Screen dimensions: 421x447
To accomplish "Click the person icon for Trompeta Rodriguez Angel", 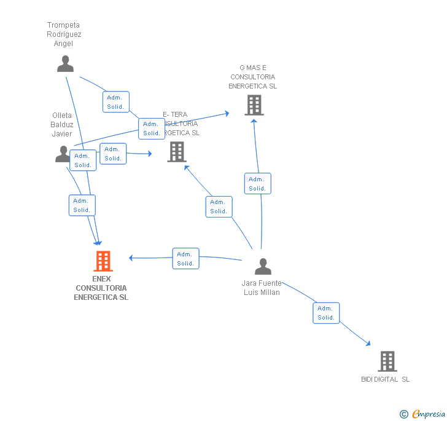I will click(x=65, y=63).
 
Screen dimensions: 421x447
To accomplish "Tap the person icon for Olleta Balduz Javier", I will click(x=63, y=154).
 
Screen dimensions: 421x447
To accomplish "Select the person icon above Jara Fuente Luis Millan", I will click(x=263, y=266).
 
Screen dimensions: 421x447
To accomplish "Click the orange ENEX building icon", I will click(x=103, y=261).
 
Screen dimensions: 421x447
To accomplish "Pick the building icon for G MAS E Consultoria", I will click(x=254, y=105).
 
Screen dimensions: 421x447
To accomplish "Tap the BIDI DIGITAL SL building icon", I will click(x=387, y=361).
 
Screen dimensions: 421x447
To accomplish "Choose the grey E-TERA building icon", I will click(x=177, y=151).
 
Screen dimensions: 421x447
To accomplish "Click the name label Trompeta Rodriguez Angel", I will click(x=64, y=34).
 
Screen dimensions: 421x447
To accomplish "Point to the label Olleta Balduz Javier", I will click(x=62, y=125).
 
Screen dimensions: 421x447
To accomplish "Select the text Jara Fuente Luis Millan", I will click(x=262, y=288).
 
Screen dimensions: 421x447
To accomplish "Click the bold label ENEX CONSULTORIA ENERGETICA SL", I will click(x=101, y=288).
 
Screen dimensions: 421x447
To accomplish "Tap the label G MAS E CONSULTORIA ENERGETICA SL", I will click(x=253, y=77).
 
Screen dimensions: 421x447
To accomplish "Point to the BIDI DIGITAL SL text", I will click(x=385, y=379).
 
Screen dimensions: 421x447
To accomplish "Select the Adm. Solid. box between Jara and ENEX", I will click(x=185, y=259).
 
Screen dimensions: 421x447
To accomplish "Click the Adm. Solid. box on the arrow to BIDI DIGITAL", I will click(x=326, y=313).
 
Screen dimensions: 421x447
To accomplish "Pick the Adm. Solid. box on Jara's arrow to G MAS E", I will click(x=257, y=184).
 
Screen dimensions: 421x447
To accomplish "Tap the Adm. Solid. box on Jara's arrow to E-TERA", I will click(x=219, y=207).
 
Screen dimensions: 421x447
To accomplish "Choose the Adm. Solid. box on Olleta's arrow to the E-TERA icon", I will click(x=113, y=154).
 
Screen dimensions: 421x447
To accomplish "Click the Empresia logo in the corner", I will click(x=422, y=414).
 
